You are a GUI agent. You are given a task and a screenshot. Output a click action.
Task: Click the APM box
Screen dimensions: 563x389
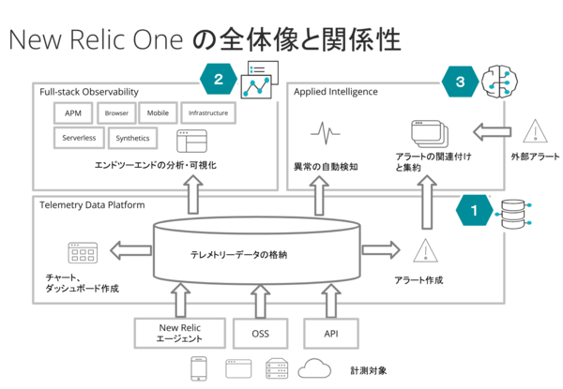pyautogui.click(x=73, y=112)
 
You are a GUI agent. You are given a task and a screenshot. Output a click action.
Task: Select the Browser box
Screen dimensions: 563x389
pyautogui.click(x=116, y=112)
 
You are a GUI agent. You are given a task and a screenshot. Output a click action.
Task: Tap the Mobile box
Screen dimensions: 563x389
pyautogui.click(x=158, y=112)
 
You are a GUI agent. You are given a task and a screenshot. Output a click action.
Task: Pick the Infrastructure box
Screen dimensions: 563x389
pyautogui.click(x=208, y=112)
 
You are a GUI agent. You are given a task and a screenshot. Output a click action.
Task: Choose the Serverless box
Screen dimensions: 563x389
pyautogui.click(x=79, y=138)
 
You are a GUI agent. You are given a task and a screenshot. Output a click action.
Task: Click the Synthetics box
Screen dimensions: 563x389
pyautogui.click(x=133, y=138)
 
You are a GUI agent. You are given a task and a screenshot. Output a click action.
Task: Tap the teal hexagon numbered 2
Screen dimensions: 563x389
pyautogui.click(x=219, y=80)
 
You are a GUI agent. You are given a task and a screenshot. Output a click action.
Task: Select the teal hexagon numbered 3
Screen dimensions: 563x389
pyautogui.click(x=461, y=82)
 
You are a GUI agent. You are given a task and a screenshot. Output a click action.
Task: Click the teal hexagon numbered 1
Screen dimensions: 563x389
pyautogui.click(x=474, y=210)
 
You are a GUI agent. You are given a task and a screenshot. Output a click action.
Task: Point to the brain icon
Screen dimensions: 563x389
pyautogui.click(x=499, y=81)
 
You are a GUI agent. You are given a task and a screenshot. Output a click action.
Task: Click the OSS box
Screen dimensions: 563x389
pyautogui.click(x=260, y=334)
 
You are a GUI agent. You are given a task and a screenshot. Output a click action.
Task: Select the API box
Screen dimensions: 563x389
pyautogui.click(x=331, y=334)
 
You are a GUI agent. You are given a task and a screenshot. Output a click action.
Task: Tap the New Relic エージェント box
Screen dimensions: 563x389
pyautogui.click(x=180, y=333)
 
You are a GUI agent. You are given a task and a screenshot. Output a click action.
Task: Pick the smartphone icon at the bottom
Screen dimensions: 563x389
pyautogui.click(x=199, y=368)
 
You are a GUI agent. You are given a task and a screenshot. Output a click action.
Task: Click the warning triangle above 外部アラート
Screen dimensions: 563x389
pyautogui.click(x=535, y=131)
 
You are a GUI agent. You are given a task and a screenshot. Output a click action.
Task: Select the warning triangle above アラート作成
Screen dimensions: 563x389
pyautogui.click(x=425, y=251)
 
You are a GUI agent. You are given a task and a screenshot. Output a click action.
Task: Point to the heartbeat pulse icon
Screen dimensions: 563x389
pyautogui.click(x=326, y=133)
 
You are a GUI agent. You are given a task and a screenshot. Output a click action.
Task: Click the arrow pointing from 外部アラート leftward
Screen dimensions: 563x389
pyautogui.click(x=492, y=131)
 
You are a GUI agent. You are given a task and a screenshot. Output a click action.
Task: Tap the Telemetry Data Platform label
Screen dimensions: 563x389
pyautogui.click(x=92, y=205)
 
